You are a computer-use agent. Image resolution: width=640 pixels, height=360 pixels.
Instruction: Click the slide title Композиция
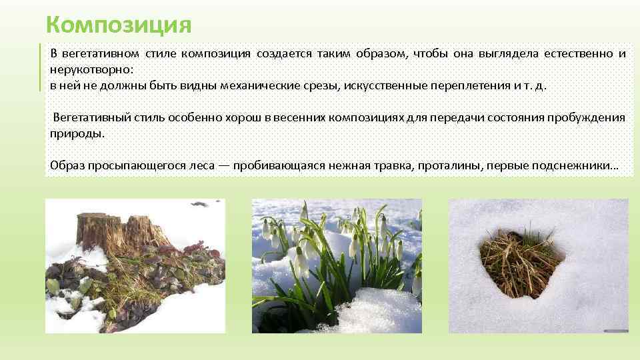[x=119, y=25]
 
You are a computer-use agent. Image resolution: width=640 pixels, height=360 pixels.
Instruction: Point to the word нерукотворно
[x=90, y=69]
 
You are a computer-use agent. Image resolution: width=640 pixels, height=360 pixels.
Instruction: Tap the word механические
[x=275, y=86]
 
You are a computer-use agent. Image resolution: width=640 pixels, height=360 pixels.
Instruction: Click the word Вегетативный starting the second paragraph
[x=89, y=118]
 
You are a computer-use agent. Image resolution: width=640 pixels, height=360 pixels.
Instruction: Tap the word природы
[x=77, y=133]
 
